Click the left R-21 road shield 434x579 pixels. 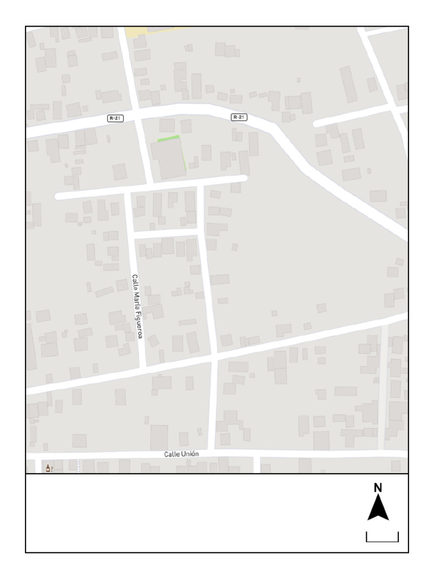point(115,118)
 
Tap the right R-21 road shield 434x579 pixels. point(239,117)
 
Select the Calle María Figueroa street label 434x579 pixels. point(137,306)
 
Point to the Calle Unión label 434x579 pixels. point(181,454)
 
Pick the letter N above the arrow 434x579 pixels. point(378,488)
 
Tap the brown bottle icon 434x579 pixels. point(48,468)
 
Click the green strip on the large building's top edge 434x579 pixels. point(168,138)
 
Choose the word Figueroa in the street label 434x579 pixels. point(138,324)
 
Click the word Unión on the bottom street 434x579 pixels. point(190,454)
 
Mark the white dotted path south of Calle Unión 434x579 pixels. point(78,466)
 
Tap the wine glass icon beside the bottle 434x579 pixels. point(52,469)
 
